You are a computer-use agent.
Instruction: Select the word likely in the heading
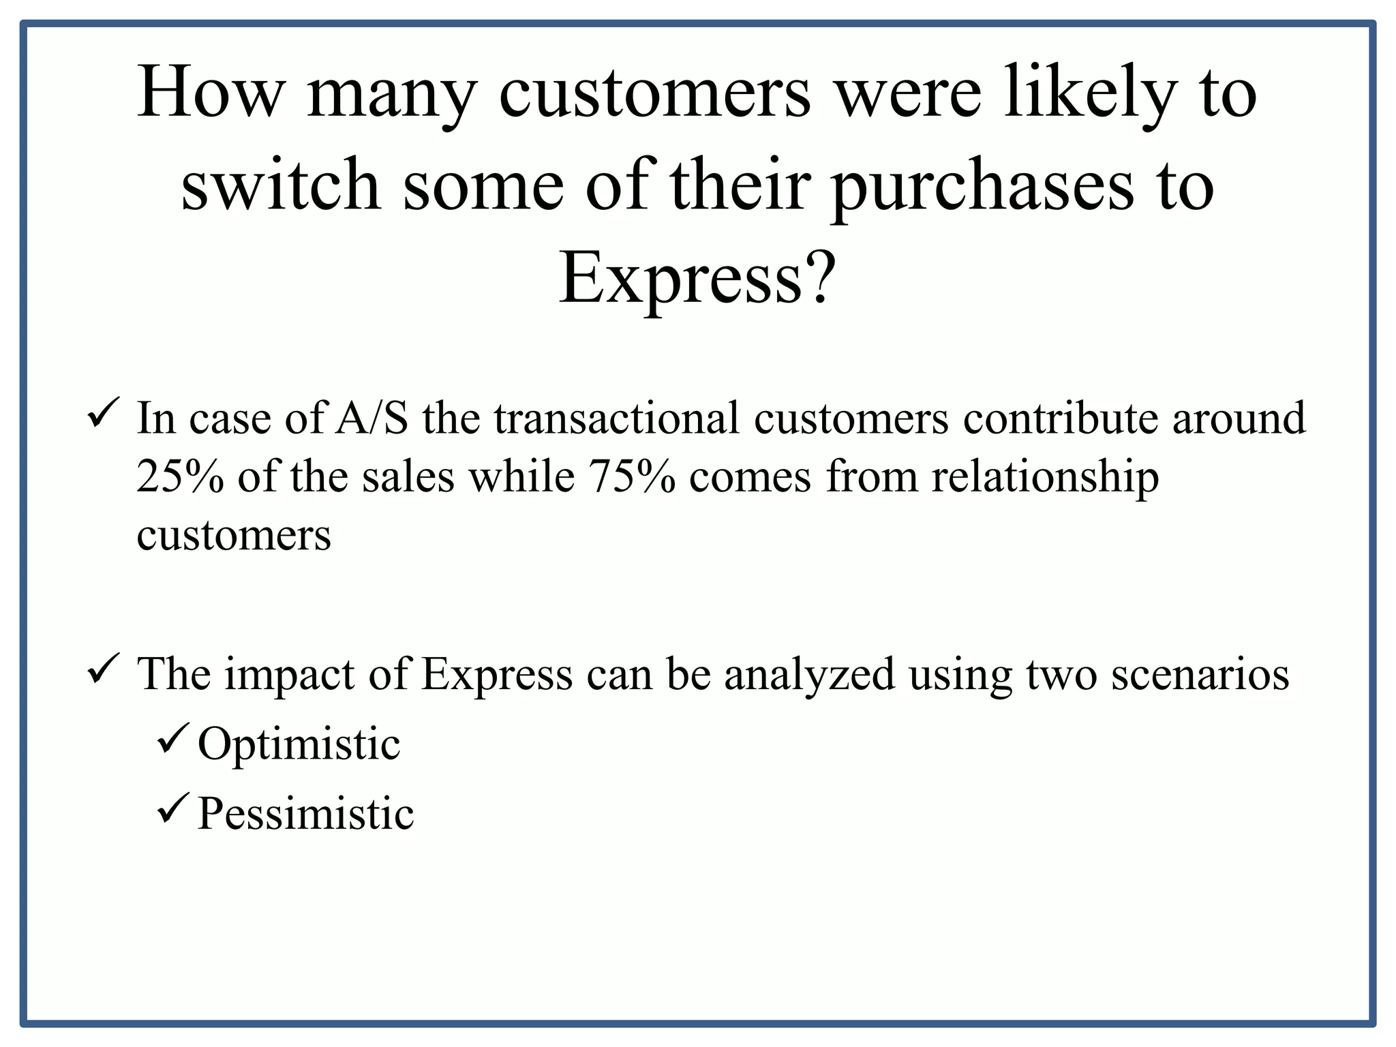pyautogui.click(x=1091, y=93)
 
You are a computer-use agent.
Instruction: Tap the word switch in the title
pyautogui.click(x=280, y=185)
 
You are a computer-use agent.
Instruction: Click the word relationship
pyautogui.click(x=1045, y=476)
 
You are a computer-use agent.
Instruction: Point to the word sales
pyautogui.click(x=408, y=476)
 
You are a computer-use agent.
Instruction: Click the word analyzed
pyautogui.click(x=809, y=674)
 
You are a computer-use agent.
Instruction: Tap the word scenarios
pyautogui.click(x=1200, y=674)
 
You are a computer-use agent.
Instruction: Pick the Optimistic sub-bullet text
pyautogui.click(x=299, y=744)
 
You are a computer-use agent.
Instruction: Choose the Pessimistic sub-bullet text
pyautogui.click(x=305, y=813)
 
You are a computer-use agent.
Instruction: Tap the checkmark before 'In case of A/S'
pyautogui.click(x=104, y=413)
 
